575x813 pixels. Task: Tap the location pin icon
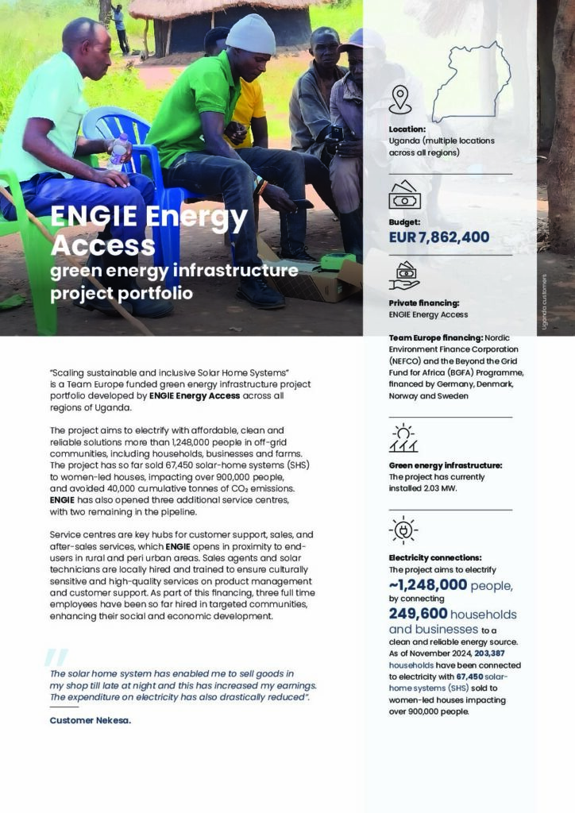tap(400, 101)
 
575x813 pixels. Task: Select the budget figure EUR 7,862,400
tap(438, 237)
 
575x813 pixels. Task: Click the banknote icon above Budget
tap(404, 195)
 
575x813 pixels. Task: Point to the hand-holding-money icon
tap(404, 275)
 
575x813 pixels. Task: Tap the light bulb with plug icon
tap(403, 530)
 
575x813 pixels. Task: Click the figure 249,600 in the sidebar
tap(417, 614)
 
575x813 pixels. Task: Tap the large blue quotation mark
tap(56, 657)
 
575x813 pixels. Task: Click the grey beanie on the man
tap(250, 34)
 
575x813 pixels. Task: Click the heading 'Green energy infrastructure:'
tap(445, 465)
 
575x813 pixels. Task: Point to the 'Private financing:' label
tap(423, 303)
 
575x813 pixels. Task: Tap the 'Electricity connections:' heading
tap(434, 558)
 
